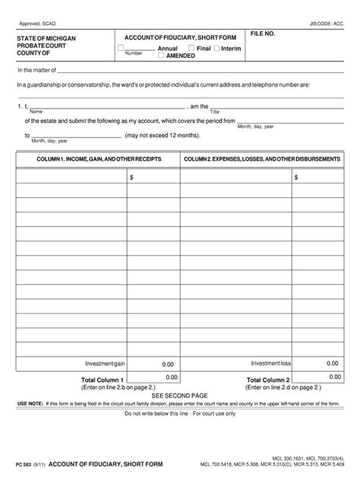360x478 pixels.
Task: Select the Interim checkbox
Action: pos(218,48)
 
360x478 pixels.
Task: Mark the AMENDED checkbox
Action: pos(160,55)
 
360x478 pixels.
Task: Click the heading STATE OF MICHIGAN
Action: pos(46,38)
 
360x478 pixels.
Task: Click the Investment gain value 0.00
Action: pos(167,364)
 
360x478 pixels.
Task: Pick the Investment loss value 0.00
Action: pos(332,364)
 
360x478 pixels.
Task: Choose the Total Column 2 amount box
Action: pos(333,378)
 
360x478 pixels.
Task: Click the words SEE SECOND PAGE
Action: pos(179,395)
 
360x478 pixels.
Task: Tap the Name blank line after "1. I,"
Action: pos(106,106)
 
